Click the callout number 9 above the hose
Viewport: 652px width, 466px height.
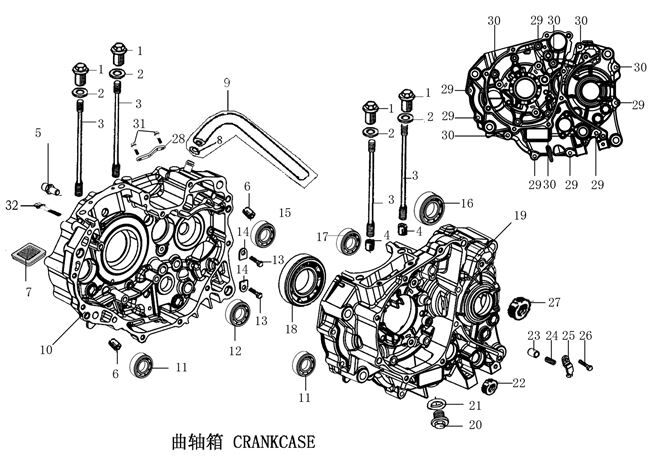click(227, 82)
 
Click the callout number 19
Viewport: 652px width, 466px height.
click(520, 216)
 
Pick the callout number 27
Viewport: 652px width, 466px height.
click(554, 301)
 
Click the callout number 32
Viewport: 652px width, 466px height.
click(11, 204)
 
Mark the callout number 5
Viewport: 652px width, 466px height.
click(38, 132)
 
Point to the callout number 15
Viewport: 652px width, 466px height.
click(285, 213)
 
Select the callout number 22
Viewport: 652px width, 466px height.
click(518, 382)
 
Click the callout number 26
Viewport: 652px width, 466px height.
click(586, 336)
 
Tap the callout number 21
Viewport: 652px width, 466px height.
click(475, 405)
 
